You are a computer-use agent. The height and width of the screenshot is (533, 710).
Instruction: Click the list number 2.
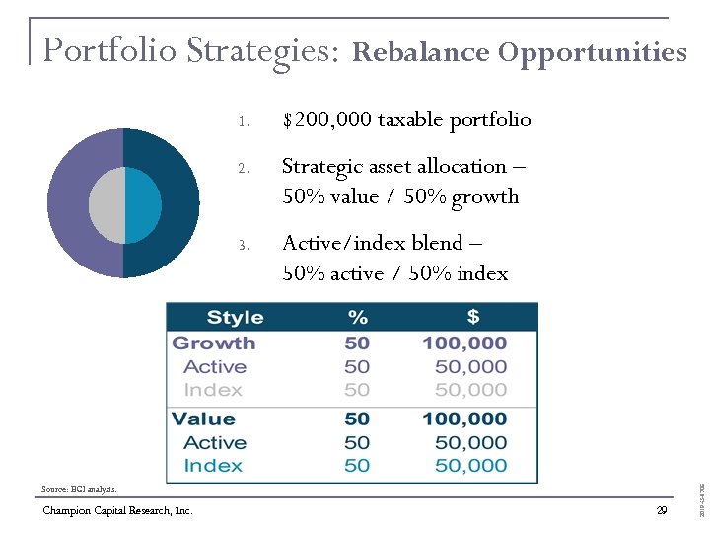click(242, 167)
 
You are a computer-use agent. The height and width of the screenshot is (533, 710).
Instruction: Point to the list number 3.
click(242, 243)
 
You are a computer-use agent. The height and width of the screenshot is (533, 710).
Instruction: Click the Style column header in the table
click(235, 317)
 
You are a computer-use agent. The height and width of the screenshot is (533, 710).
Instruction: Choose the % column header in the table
click(357, 317)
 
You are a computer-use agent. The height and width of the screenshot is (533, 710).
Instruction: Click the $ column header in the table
click(472, 317)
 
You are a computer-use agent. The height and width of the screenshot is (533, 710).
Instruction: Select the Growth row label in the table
click(214, 343)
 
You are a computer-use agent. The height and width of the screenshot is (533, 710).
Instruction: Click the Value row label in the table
click(203, 419)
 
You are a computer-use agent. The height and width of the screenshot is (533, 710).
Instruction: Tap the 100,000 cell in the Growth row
click(464, 343)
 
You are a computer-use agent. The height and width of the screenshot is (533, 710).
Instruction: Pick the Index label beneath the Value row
click(213, 465)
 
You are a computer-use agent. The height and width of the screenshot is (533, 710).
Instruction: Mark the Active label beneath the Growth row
click(215, 366)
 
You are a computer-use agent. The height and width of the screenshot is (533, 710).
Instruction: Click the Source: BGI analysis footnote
click(79, 489)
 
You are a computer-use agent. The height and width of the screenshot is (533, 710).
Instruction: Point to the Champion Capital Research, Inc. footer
click(117, 510)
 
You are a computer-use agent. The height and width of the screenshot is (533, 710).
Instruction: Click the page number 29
click(661, 510)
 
